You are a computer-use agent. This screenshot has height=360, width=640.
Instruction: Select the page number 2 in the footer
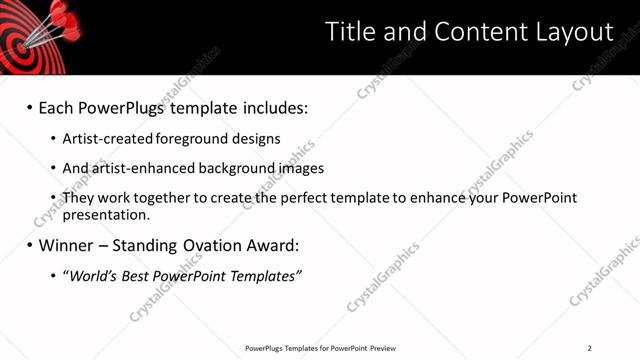click(590, 348)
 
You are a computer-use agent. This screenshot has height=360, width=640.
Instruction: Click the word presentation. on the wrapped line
click(107, 214)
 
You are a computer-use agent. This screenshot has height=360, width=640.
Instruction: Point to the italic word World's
click(93, 275)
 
